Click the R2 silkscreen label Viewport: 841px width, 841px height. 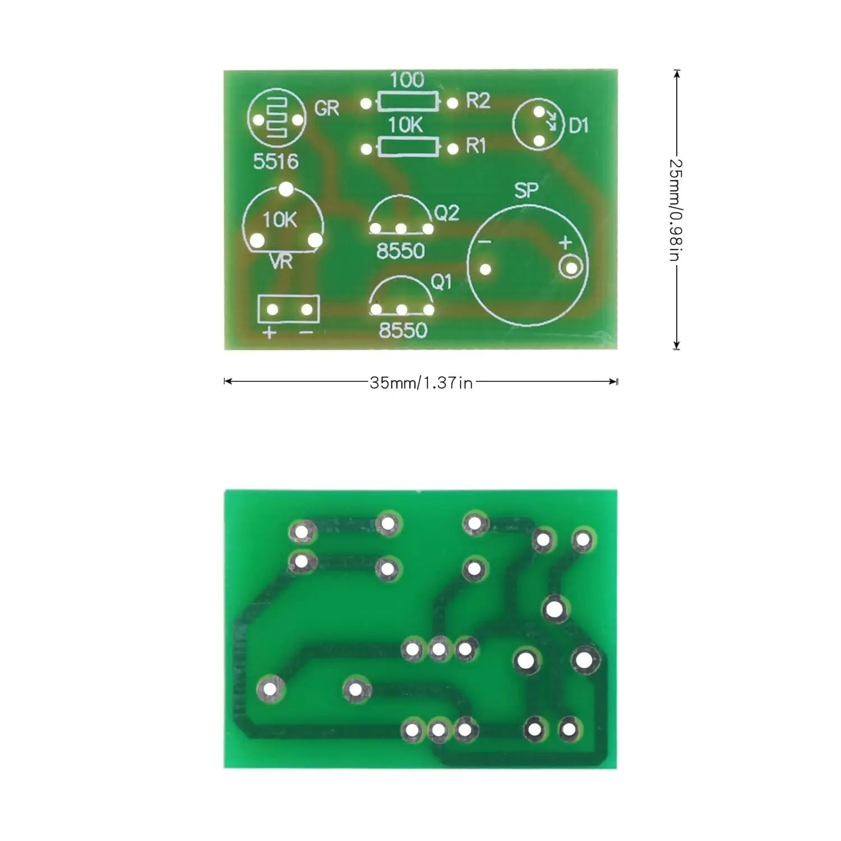pos(478,101)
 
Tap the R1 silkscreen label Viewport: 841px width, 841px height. pos(475,146)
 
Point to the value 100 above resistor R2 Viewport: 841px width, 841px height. pos(406,80)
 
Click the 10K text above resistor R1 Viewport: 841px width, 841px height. pos(405,125)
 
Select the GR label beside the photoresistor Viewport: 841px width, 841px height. pos(327,108)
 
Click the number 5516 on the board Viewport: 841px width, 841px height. pos(275,161)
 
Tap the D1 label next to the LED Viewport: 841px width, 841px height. pos(579,126)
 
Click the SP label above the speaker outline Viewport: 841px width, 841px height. pos(526,191)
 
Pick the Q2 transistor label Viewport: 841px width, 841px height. pos(447,212)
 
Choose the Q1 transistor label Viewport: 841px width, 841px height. pos(441,282)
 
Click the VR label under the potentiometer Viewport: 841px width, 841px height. pos(281,261)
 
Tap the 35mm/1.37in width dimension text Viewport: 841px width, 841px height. pos(421,383)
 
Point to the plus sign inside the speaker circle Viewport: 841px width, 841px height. pos(565,242)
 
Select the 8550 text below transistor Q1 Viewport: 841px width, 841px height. pos(403,330)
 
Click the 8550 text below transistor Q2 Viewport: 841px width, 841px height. pos(400,251)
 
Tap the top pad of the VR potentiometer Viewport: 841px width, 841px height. pos(286,190)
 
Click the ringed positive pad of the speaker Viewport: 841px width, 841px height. pos(571,269)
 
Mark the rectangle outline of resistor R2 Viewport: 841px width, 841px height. pos(408,102)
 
